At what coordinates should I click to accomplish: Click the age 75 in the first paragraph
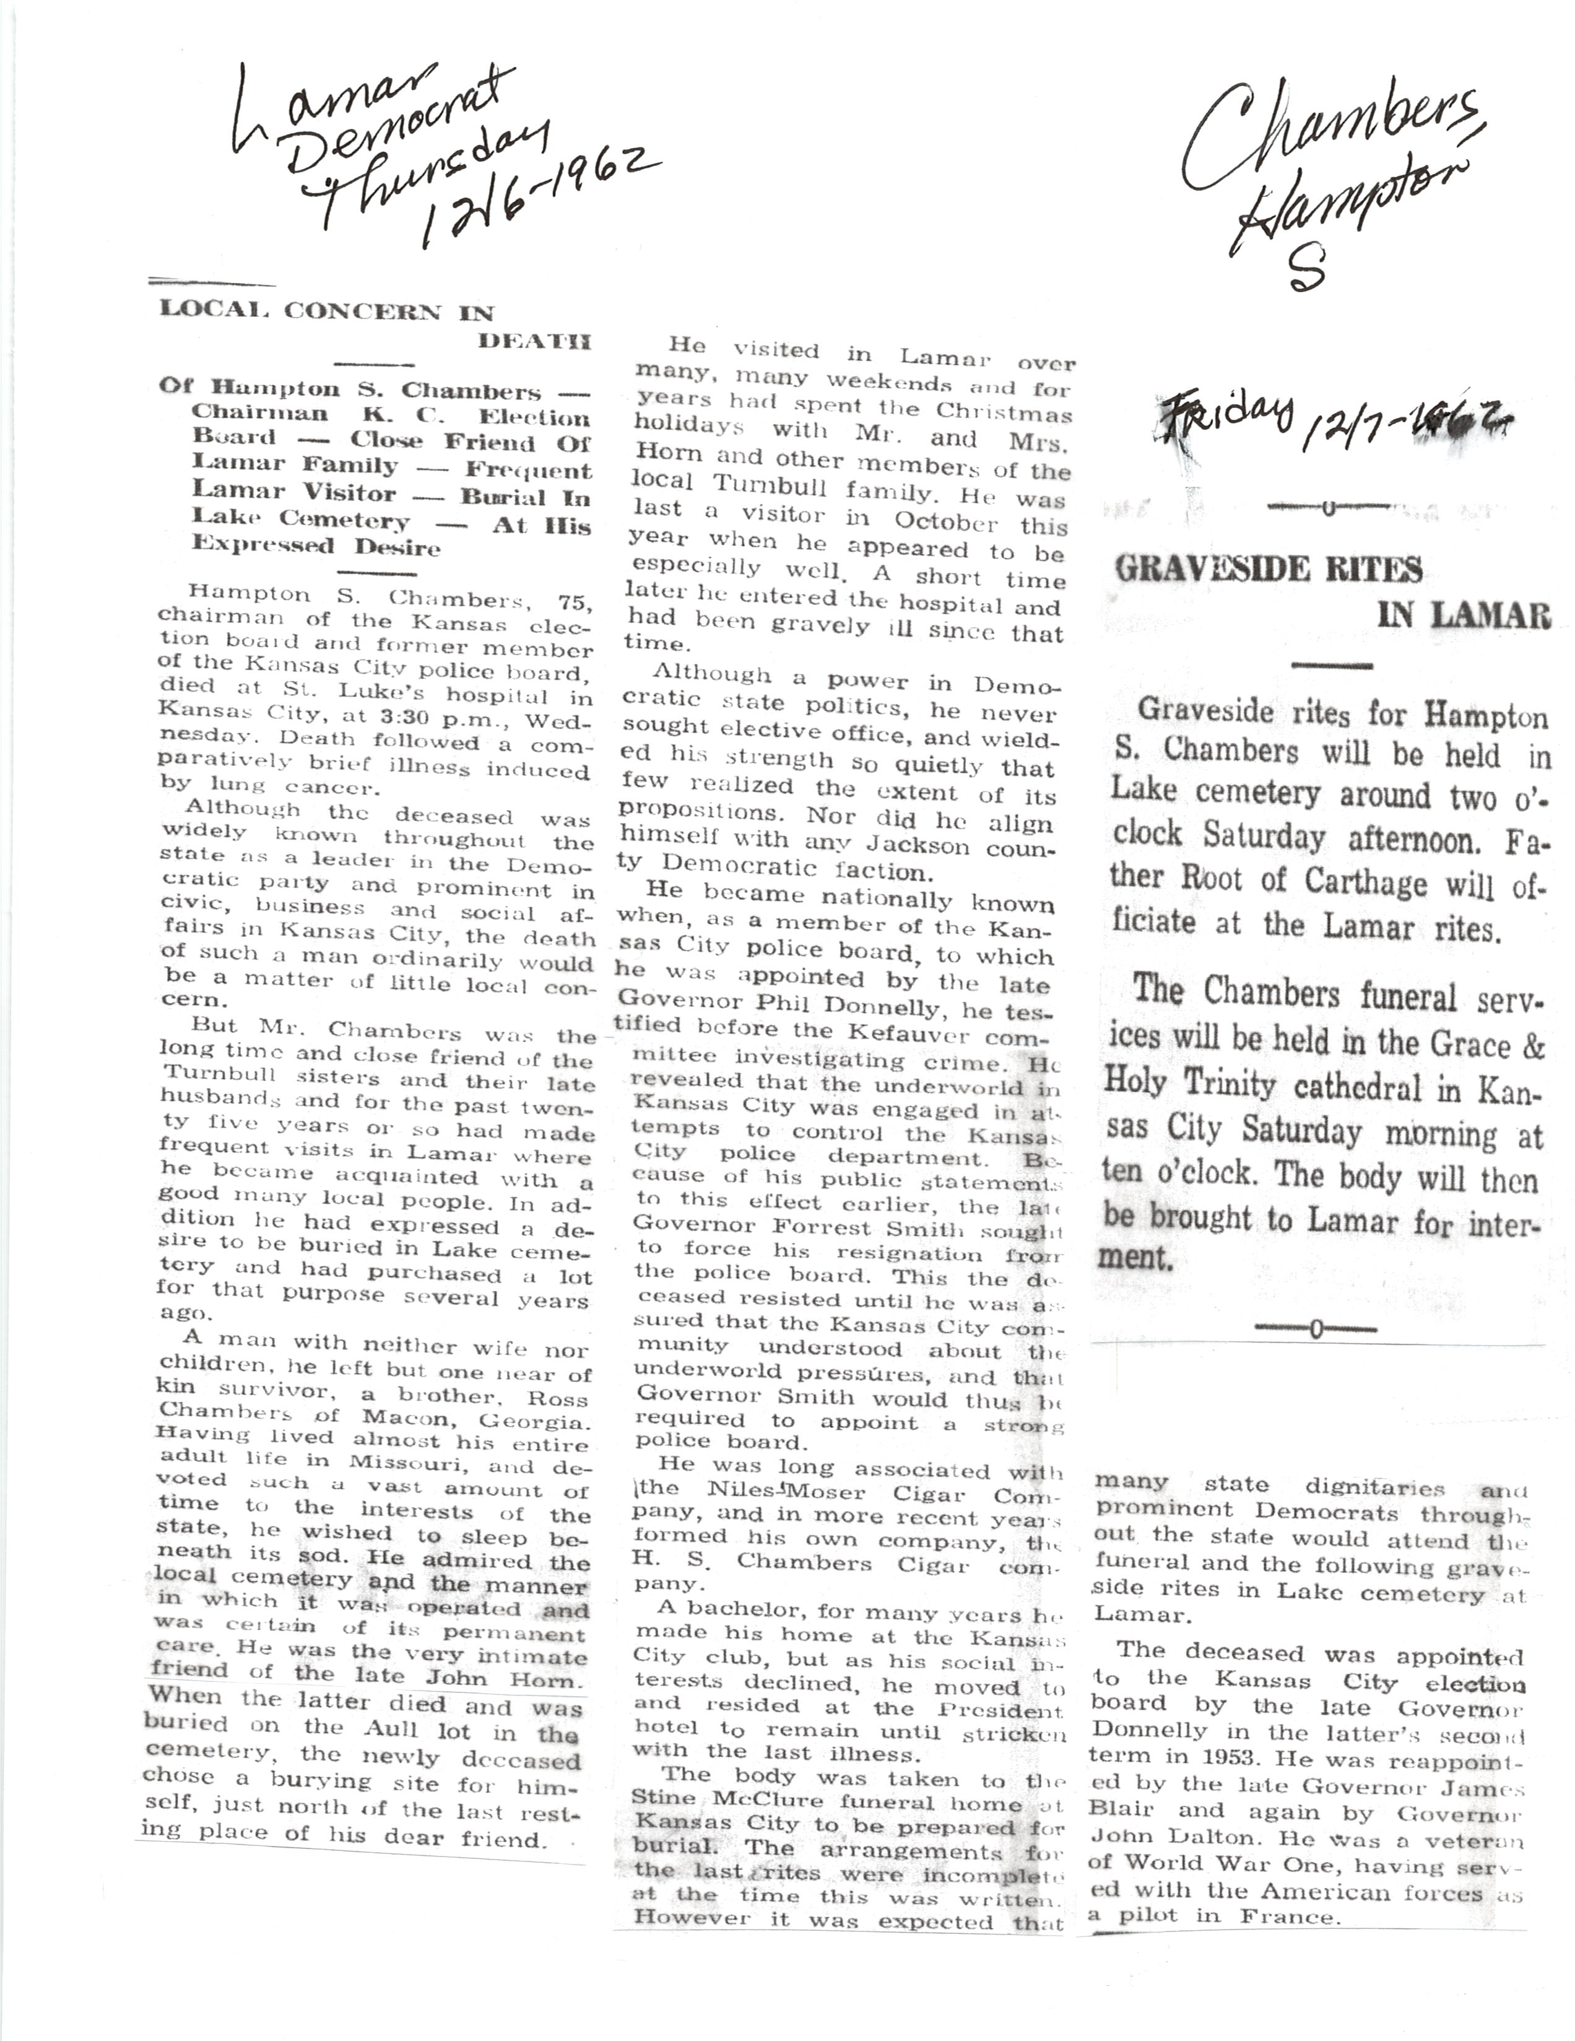click(575, 601)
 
